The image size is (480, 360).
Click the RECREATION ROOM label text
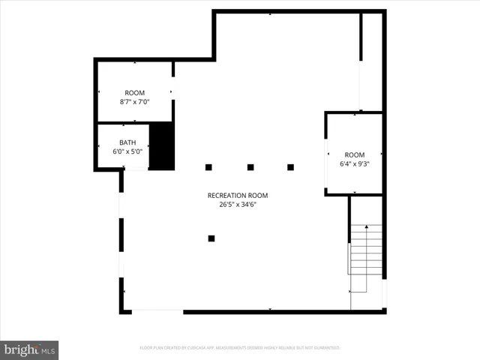pos(238,195)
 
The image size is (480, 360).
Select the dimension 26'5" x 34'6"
pos(238,204)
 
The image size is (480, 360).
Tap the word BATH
pos(128,142)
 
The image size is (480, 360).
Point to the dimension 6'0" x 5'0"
pos(127,151)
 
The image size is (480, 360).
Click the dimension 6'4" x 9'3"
pos(355,163)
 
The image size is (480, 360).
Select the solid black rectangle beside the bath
pos(162,145)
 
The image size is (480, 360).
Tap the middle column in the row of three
pos(250,166)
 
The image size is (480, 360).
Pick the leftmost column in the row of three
pos(209,166)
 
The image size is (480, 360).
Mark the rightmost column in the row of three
pos(290,166)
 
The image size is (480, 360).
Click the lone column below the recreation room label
pos(211,238)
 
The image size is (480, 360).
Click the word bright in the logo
pos(20,350)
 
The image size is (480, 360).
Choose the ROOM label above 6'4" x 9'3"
pos(355,154)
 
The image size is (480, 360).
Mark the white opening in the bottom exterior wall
pos(157,310)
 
